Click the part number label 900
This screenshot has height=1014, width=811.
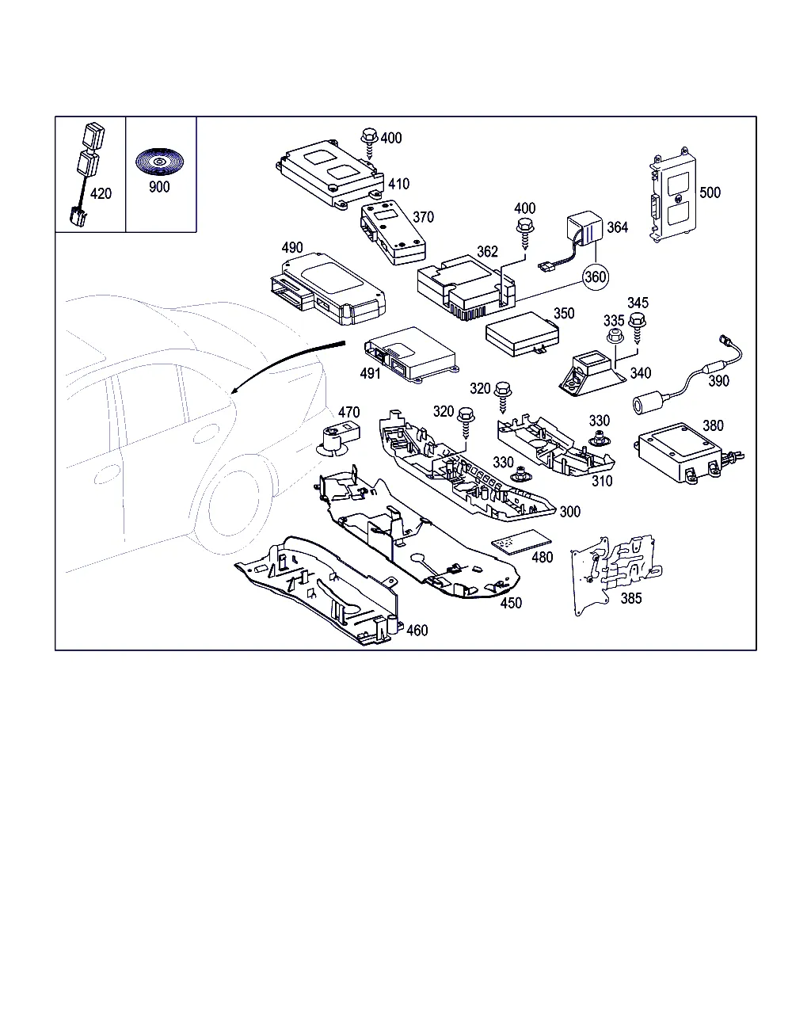(159, 187)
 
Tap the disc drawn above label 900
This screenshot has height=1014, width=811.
(159, 162)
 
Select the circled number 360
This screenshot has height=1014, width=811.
(595, 276)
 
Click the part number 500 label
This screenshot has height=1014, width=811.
(710, 193)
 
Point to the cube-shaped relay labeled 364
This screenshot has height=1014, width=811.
(584, 228)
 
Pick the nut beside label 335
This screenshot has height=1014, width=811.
(615, 336)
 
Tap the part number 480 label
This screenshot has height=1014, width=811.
(542, 558)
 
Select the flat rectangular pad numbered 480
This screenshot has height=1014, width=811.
(520, 542)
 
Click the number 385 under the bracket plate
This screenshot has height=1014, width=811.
(631, 598)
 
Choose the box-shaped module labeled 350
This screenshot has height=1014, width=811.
(522, 334)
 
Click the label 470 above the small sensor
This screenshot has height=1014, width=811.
(348, 412)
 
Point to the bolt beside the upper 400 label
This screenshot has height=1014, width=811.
(369, 143)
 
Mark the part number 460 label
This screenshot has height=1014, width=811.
(417, 631)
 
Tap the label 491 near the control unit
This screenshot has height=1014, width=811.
(370, 374)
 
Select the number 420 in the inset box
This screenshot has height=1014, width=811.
(101, 193)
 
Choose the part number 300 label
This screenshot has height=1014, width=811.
(569, 512)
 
